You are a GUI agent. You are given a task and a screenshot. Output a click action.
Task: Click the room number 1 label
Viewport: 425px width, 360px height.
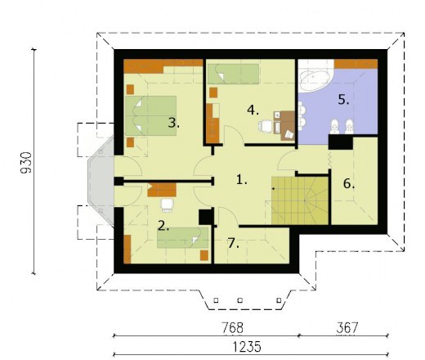(241, 180)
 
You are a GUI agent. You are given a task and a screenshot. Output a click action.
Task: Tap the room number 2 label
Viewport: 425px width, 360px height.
(163, 226)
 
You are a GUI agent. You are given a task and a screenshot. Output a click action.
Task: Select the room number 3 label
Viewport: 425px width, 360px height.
(174, 123)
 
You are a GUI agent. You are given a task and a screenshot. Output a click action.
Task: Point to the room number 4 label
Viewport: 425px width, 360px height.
(253, 110)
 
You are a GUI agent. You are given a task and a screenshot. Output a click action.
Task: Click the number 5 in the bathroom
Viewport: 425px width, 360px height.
(343, 100)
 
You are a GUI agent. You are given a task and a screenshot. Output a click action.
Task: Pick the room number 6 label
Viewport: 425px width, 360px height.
(349, 183)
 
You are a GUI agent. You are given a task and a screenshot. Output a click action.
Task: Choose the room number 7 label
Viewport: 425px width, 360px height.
(234, 243)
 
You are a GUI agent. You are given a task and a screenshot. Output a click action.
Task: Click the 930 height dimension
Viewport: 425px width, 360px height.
(26, 163)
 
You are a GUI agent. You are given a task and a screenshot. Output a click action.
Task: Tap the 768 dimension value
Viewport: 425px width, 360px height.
(232, 327)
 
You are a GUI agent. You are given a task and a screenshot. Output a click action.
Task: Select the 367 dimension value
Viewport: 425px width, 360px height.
(347, 327)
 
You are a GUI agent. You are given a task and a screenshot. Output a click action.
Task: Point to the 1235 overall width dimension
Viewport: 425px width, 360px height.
(247, 347)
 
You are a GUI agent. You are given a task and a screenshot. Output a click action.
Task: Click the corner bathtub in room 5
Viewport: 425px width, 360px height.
(316, 76)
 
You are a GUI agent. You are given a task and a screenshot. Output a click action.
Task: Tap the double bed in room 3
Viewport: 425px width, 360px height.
(151, 115)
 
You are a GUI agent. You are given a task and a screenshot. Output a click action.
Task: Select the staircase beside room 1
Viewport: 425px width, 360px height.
(300, 200)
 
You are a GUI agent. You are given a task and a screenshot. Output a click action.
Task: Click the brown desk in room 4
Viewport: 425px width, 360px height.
(284, 126)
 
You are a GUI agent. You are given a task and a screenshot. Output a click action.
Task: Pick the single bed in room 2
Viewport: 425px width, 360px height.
(183, 237)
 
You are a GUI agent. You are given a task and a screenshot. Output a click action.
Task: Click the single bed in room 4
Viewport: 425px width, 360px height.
(233, 74)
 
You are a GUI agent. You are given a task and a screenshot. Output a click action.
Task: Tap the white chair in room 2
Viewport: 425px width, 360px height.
(167, 205)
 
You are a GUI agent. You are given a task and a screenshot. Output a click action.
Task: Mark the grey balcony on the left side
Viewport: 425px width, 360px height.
(101, 181)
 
